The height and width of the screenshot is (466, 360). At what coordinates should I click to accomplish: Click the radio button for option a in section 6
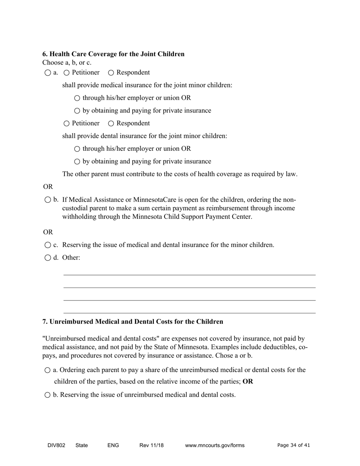(47, 73)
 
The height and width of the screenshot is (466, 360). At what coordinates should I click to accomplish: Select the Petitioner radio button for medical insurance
(67, 73)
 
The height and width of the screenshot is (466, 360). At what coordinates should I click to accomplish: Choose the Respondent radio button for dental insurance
(111, 124)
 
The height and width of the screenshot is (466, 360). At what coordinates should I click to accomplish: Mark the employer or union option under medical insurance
(77, 98)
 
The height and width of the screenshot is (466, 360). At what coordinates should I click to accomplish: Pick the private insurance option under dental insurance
(77, 162)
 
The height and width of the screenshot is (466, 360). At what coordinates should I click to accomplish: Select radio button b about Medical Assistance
(47, 200)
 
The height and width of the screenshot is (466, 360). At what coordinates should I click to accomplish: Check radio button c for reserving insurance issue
(47, 245)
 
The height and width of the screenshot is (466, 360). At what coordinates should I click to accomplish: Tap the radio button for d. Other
(47, 258)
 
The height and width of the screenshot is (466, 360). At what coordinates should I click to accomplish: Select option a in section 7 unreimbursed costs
(47, 370)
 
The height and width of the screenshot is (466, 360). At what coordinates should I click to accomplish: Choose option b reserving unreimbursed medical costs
(47, 395)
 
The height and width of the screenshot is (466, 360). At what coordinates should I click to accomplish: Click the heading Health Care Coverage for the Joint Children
(113, 54)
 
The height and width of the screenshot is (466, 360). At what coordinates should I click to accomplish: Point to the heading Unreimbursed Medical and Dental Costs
(133, 322)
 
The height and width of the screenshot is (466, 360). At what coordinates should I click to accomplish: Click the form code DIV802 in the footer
(56, 446)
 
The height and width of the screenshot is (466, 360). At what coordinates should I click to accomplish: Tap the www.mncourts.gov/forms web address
(214, 446)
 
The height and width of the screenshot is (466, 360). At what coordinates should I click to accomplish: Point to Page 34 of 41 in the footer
(293, 446)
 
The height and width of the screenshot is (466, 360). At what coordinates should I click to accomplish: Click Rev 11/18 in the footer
(151, 446)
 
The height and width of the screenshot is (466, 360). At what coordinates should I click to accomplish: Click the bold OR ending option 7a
(248, 382)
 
